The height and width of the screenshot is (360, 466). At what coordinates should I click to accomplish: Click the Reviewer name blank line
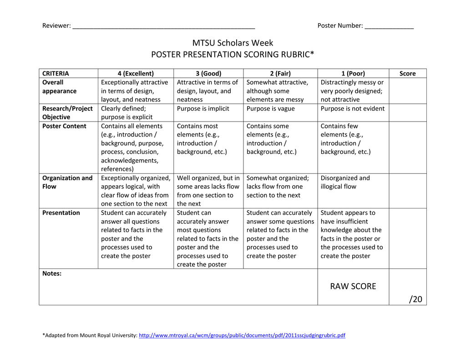click(163, 26)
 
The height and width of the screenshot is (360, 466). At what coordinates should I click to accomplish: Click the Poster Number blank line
click(389, 26)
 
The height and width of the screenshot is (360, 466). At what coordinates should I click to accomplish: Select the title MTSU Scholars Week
click(233, 43)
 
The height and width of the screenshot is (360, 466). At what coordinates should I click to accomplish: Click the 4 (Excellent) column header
click(136, 73)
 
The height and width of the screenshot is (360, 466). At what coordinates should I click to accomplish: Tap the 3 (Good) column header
click(208, 73)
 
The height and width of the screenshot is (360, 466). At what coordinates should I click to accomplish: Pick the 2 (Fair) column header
click(280, 73)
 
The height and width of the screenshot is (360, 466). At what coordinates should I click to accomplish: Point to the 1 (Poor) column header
click(353, 73)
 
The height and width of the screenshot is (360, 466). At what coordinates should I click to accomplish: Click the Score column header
click(407, 73)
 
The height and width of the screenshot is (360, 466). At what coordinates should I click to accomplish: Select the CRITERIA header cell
click(56, 73)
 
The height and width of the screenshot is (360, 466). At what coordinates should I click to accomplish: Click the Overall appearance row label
click(59, 86)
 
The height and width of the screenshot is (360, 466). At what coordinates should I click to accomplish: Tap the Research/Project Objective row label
click(67, 112)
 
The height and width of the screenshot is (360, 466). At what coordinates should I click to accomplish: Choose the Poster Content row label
click(64, 126)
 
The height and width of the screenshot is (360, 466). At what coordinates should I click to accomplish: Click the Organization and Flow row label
click(67, 182)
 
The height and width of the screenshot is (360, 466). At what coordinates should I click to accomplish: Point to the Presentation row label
click(61, 213)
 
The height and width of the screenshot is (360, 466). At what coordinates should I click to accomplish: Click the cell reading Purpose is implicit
click(203, 108)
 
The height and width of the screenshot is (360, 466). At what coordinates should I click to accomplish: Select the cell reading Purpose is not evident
click(352, 108)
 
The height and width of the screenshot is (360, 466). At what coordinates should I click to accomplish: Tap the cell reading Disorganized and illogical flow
click(345, 182)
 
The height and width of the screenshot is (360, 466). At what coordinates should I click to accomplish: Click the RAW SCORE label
click(353, 286)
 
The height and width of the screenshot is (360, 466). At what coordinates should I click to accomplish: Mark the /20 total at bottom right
click(415, 299)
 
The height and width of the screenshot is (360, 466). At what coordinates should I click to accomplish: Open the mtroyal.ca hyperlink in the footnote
click(242, 335)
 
